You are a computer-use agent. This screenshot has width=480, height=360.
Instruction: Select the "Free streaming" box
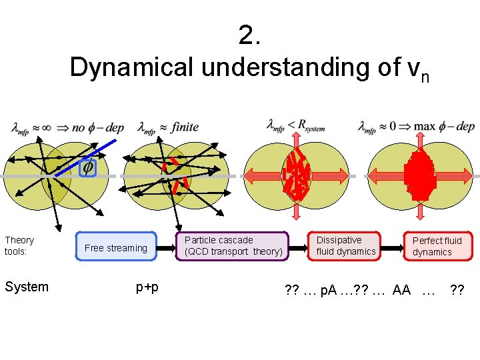coord(116,248)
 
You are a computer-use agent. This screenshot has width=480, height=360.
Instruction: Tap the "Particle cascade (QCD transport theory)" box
coord(233,246)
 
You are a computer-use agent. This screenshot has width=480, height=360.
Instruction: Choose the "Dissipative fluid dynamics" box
coord(345,245)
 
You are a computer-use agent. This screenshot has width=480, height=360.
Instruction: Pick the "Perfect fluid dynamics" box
coord(437,246)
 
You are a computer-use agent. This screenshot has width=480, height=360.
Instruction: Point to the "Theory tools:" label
coord(19,245)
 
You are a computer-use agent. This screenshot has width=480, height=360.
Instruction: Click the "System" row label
coord(27,287)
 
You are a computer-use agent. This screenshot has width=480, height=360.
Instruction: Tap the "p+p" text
coord(147,287)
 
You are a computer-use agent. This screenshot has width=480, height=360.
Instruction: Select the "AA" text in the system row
coord(402,290)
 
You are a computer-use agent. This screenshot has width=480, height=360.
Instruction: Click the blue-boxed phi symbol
coord(87,167)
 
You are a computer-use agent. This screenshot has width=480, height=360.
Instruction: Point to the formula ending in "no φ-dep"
coord(67,127)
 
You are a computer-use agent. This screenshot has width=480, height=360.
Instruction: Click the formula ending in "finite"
coord(167,127)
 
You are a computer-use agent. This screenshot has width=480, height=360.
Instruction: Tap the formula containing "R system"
coord(295,125)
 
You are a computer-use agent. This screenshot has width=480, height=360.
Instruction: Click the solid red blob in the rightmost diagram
coord(419,176)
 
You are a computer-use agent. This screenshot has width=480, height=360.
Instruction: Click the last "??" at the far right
coord(457,290)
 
